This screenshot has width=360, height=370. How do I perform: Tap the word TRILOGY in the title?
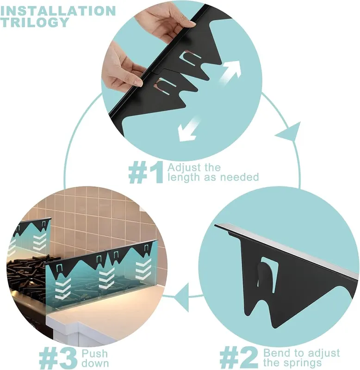pos(35,22)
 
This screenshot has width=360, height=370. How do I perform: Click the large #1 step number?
pos(146,172)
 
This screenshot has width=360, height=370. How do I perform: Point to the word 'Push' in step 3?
pos(95,353)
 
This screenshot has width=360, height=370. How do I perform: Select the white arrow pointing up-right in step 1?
pos(230,72)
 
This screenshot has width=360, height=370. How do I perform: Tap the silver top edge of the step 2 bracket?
pos(287,250)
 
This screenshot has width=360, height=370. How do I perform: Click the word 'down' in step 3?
pos(95,364)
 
